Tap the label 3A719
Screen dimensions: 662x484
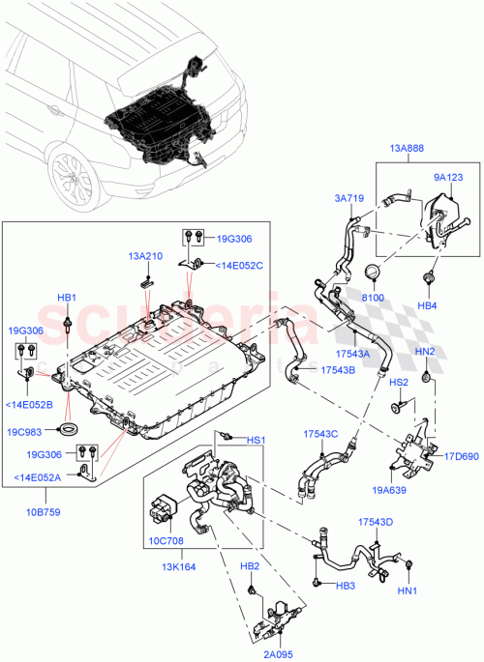tap(349, 197)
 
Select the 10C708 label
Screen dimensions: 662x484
tap(164, 541)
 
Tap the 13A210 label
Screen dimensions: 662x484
tap(144, 257)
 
